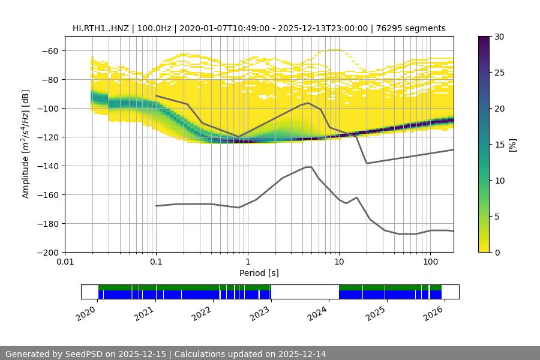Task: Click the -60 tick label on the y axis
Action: point(50,51)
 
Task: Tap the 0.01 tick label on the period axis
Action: point(65,262)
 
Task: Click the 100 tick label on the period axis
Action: point(430,262)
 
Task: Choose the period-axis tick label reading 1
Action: point(247,262)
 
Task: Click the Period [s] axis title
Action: point(259,273)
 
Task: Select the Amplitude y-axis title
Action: point(25,144)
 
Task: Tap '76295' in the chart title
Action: point(397,28)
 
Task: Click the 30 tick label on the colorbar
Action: point(499,37)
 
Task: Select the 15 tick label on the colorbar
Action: point(499,145)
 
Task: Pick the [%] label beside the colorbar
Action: point(512,145)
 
